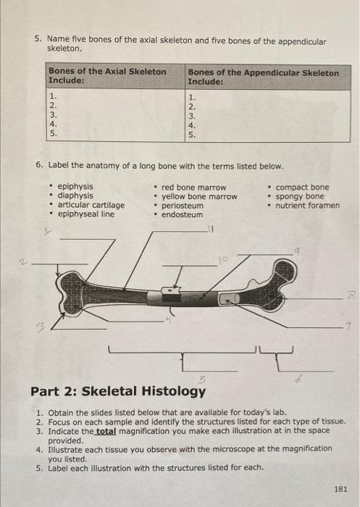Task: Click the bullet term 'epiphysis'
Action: tap(75, 187)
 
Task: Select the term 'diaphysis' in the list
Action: tap(75, 196)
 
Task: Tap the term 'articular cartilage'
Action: tap(91, 205)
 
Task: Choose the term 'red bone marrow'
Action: tap(193, 187)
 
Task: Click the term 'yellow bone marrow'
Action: tap(198, 196)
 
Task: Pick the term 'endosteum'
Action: tap(182, 214)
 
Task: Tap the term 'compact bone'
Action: tap(302, 187)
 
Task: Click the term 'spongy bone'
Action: tap(300, 196)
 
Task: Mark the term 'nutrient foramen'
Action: tap(307, 205)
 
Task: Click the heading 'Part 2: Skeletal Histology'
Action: tap(117, 391)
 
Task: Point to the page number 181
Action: tap(341, 490)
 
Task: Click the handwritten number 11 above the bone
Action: tap(212, 232)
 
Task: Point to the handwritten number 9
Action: tap(298, 247)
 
